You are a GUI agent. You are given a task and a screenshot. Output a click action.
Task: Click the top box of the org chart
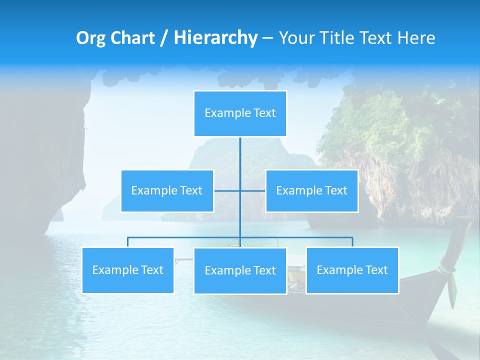coord(240,113)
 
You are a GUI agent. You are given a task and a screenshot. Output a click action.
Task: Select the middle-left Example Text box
coord(167,190)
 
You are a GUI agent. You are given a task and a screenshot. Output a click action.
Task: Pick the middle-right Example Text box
coord(311,190)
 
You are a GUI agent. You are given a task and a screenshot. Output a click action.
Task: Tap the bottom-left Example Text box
coord(128,270)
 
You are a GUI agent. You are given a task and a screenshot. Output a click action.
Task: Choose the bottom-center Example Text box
coord(240,270)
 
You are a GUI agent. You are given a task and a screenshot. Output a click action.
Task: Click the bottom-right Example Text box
coord(352,270)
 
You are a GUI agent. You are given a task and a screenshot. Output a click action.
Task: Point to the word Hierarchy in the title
coord(215,38)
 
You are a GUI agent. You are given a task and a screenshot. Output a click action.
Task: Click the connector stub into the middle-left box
coord(226,190)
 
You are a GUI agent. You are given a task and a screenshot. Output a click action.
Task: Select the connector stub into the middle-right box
coord(253,190)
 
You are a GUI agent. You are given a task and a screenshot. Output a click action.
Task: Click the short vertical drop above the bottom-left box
coord(128,242)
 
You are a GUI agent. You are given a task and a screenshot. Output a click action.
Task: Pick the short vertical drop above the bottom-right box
coord(352,242)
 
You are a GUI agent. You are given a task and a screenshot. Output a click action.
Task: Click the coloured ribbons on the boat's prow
coord(448,270)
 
